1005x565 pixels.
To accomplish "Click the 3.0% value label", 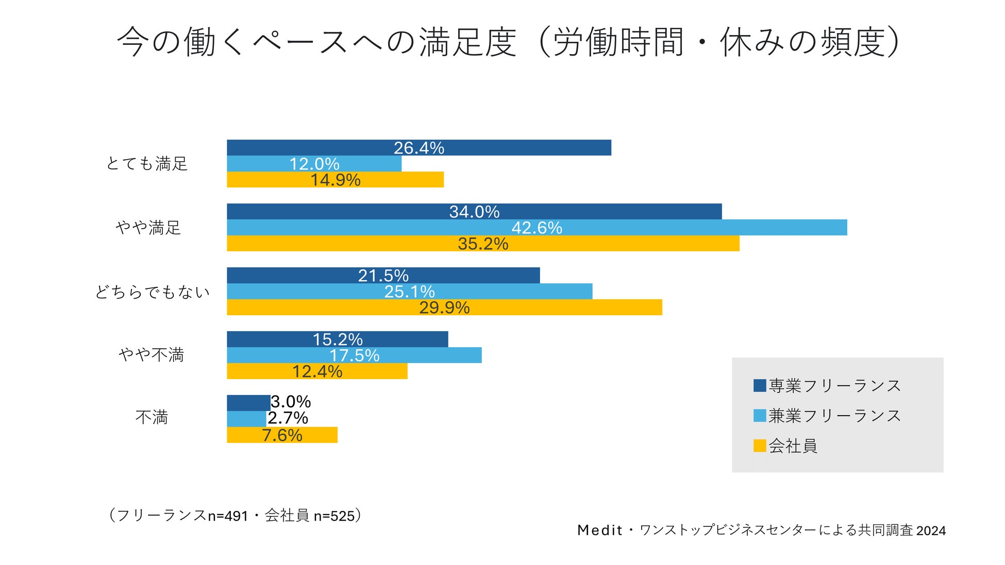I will click(291, 402).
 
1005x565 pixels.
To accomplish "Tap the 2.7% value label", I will click(288, 418).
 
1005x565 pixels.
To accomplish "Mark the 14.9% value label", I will click(336, 180).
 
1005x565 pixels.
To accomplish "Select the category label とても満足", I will click(147, 164).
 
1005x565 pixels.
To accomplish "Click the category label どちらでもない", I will click(153, 292).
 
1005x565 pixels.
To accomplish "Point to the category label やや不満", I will click(151, 355).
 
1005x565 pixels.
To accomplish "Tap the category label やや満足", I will click(148, 228).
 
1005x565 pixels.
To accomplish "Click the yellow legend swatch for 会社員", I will click(760, 446).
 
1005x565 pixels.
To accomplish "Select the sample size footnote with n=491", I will click(234, 515).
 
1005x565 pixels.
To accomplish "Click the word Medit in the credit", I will click(600, 530).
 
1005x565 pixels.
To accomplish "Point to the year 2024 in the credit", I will click(931, 531).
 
